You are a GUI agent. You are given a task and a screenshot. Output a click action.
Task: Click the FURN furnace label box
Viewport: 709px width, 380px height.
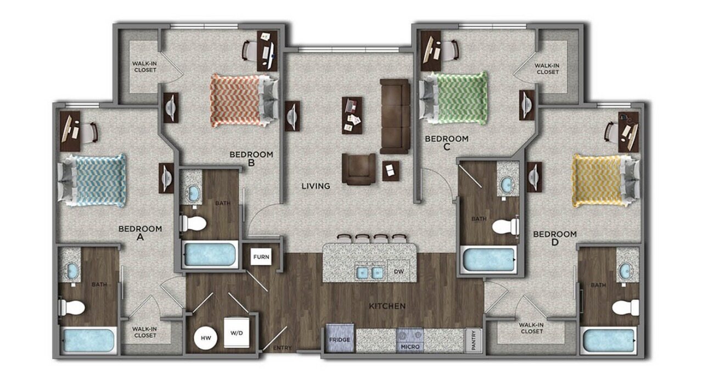pos(261,256)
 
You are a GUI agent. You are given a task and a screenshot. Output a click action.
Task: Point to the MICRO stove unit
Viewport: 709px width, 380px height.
pos(410,339)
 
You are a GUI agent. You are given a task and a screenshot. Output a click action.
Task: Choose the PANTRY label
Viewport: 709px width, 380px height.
pos(473,339)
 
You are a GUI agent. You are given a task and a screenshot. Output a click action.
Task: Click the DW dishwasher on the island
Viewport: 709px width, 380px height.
pos(399,271)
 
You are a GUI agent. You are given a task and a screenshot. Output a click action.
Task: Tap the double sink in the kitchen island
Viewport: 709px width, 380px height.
pos(369,271)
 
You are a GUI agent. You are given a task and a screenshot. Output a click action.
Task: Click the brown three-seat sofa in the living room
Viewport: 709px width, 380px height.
pos(395,116)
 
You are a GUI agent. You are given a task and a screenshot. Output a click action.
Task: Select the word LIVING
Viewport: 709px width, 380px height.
pos(316,186)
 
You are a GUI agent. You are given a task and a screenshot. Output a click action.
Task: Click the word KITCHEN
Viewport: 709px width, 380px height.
pos(387,306)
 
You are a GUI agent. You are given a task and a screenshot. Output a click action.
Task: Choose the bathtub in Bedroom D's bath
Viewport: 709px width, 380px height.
pos(608,340)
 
